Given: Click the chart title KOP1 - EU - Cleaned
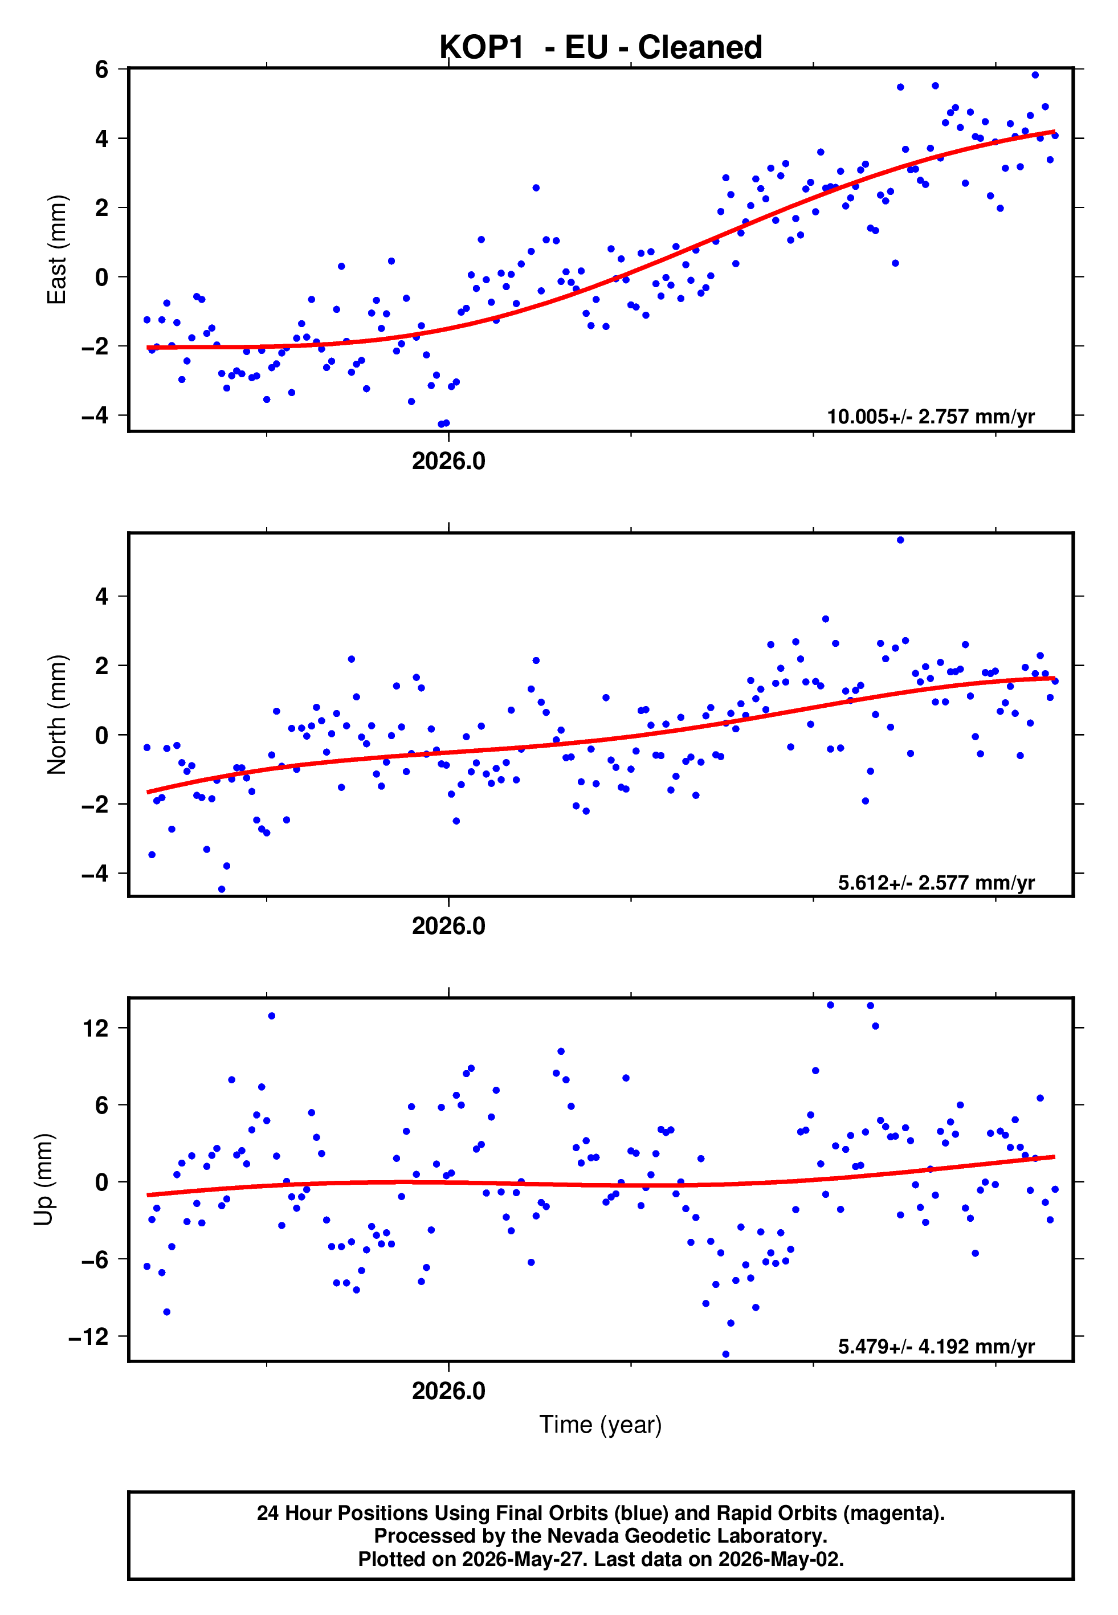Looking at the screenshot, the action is pyautogui.click(x=601, y=48).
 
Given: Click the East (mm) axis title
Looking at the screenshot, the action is pyautogui.click(x=57, y=250).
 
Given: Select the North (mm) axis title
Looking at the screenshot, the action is pyautogui.click(x=57, y=715).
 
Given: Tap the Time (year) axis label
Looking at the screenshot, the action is pyautogui.click(x=601, y=1425).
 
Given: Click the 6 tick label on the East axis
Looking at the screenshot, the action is pyautogui.click(x=102, y=70).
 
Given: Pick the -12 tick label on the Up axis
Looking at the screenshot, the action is pyautogui.click(x=88, y=1337).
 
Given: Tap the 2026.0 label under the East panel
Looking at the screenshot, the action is pyautogui.click(x=448, y=461).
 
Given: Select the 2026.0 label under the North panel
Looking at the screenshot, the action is pyautogui.click(x=448, y=926).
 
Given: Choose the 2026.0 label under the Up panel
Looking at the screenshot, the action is pyautogui.click(x=448, y=1391).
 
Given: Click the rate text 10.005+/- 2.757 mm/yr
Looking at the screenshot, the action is pyautogui.click(x=931, y=417).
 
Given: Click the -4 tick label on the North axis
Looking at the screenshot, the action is pyautogui.click(x=95, y=874).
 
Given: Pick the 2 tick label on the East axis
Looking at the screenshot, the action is pyautogui.click(x=102, y=207).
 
